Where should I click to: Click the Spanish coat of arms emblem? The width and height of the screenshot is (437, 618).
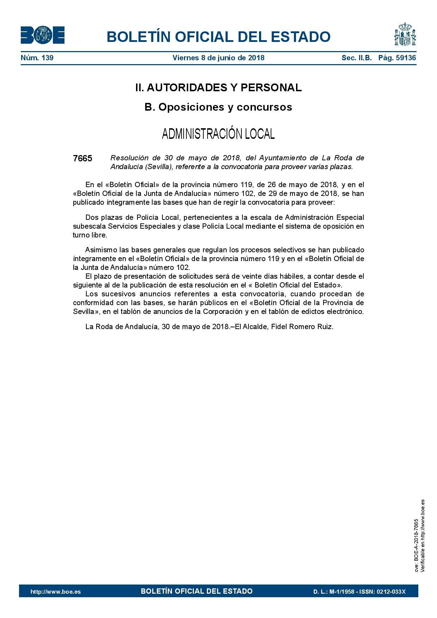point(405,35)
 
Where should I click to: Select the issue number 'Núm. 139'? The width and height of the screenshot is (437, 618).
point(37,58)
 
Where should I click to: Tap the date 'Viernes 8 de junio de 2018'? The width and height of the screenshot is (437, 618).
point(218,58)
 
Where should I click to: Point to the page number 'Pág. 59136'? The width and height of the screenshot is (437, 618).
point(397,58)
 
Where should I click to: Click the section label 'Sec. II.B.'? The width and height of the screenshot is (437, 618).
point(356,58)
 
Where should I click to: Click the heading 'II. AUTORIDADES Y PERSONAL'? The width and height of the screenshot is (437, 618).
point(218,88)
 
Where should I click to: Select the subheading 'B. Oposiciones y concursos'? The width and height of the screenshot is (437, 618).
point(218,107)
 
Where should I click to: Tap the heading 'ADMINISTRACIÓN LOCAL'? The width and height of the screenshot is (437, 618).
point(218,134)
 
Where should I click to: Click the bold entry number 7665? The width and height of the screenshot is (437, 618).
point(82,159)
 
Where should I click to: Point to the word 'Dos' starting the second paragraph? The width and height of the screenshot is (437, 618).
point(91,217)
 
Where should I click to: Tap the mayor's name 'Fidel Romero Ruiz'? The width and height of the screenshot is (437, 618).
point(302,327)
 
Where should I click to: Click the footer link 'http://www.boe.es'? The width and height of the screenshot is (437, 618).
point(56,592)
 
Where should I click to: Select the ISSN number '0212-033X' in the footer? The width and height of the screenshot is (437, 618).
point(391,592)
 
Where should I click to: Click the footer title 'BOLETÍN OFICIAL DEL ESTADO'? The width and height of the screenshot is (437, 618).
point(197,591)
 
